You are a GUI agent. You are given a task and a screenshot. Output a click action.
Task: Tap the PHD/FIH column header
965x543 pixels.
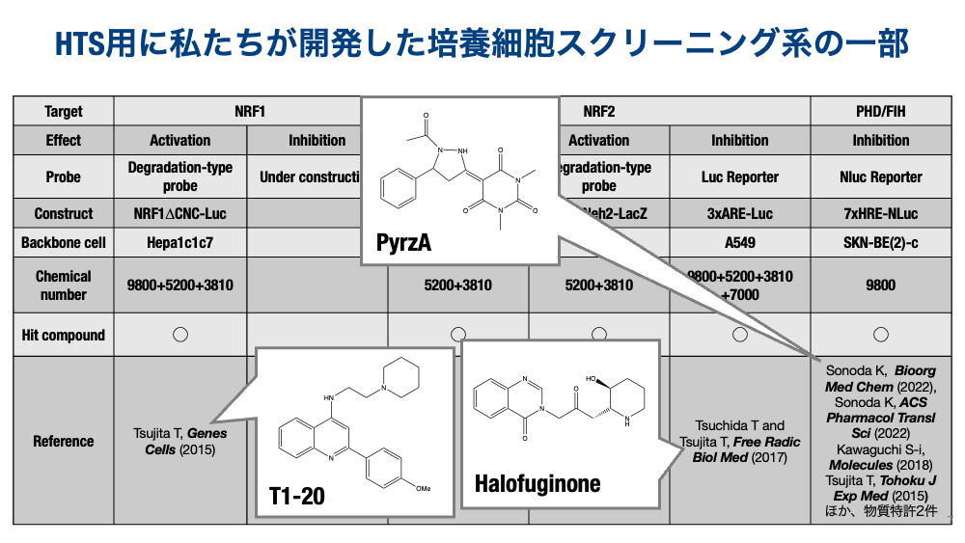point(880,111)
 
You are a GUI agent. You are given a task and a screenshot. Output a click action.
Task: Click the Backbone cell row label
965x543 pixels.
point(64,242)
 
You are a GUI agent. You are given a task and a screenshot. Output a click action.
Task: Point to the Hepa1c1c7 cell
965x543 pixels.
point(180,242)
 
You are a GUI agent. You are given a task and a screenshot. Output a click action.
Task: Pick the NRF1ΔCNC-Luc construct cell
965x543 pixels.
point(180,213)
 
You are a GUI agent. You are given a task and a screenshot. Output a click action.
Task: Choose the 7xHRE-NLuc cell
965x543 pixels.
point(880,213)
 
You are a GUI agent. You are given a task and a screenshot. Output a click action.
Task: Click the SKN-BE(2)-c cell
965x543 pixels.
point(880,242)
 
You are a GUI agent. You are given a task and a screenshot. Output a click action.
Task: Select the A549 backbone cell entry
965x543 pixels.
point(740,242)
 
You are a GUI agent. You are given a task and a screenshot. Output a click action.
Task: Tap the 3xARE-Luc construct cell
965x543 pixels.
point(740,213)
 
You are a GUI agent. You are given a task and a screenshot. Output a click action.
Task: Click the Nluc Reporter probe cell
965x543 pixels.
point(880,176)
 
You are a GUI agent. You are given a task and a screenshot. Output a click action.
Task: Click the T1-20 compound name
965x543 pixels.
point(297,498)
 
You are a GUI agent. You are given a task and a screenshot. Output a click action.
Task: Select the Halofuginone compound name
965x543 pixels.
point(538,483)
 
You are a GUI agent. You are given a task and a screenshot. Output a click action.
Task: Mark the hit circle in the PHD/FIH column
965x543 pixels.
point(880,335)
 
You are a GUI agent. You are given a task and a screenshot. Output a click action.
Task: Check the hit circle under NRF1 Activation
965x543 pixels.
point(180,335)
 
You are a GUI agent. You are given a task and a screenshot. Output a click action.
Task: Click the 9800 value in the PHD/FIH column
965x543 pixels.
point(880,285)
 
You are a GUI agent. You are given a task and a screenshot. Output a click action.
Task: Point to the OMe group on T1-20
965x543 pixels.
point(423,489)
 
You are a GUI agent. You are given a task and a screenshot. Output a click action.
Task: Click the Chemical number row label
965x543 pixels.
point(64,285)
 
